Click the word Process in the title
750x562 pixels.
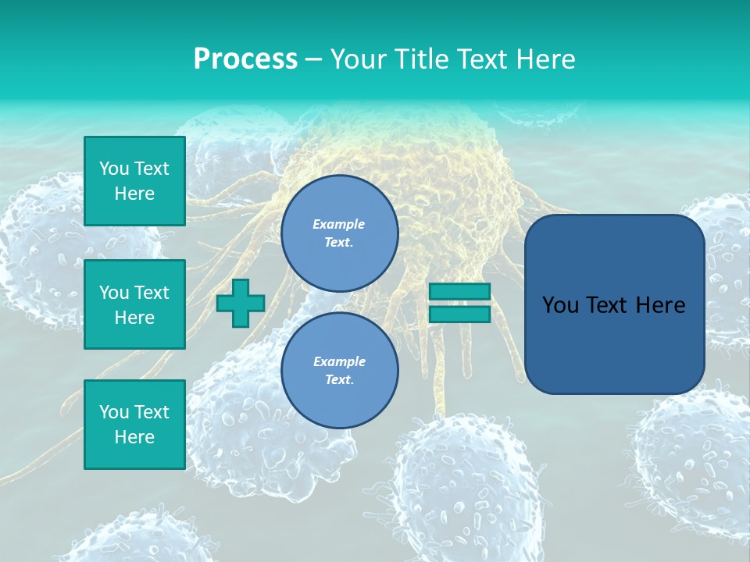(245, 59)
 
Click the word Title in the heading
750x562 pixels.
(420, 59)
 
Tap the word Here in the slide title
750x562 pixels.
(545, 59)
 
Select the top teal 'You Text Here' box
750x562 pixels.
(134, 181)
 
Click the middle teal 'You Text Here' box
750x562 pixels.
(134, 304)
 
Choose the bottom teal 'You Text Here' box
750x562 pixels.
(134, 425)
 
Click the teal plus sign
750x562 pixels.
(241, 303)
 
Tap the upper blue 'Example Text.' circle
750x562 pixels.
(340, 233)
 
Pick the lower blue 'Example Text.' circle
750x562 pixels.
(340, 370)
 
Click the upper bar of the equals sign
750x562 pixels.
(459, 291)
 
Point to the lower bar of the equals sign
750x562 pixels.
(459, 315)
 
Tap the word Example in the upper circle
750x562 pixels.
(338, 224)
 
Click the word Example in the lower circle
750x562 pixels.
(339, 361)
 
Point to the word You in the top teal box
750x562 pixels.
(114, 169)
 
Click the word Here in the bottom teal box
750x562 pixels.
(134, 437)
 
